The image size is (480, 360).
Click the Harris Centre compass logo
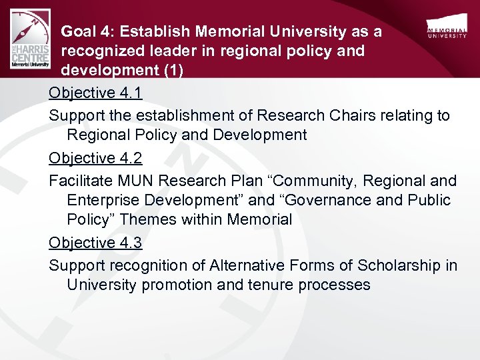tap(31, 39)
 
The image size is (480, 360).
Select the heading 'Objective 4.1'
tap(95, 94)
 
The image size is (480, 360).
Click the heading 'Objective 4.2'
tap(95, 158)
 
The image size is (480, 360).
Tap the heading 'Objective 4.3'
tap(95, 243)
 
